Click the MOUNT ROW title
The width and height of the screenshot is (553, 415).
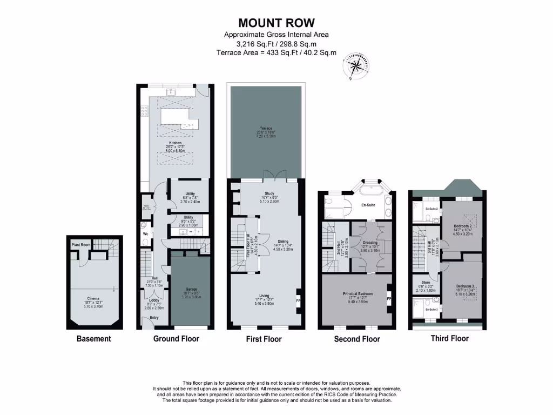tap(276, 23)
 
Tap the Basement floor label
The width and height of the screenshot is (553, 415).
tap(93, 339)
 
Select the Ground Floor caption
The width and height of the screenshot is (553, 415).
tap(176, 339)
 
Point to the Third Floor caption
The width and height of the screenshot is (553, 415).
tap(449, 338)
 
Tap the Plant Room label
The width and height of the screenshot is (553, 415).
tap(80, 245)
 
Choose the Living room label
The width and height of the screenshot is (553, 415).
tap(264, 296)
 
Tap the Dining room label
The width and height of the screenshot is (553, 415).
tap(284, 242)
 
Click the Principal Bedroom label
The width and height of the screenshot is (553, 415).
tap(355, 294)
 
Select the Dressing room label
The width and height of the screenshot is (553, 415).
tap(370, 243)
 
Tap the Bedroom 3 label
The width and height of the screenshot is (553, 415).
tap(464, 286)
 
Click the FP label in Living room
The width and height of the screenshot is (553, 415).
tap(298, 300)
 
